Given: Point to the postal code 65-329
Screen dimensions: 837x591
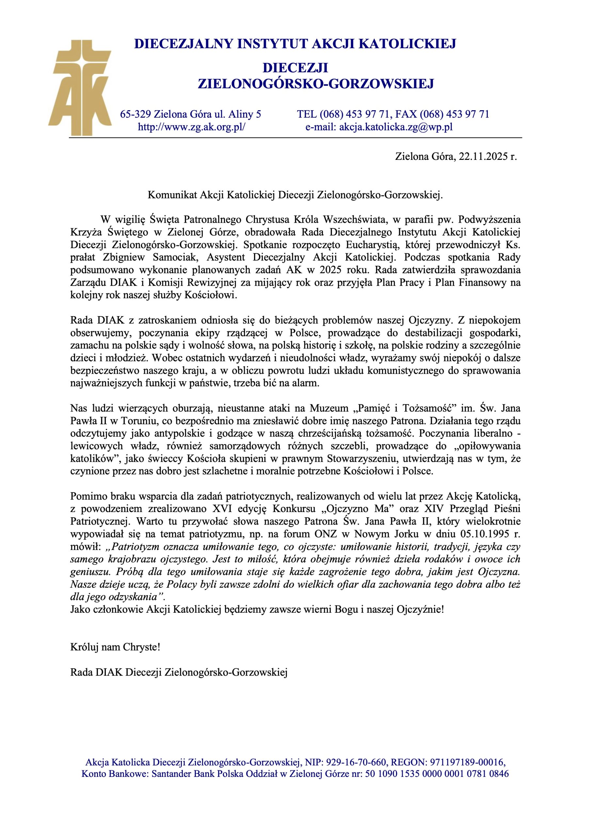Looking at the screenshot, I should (136, 114).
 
